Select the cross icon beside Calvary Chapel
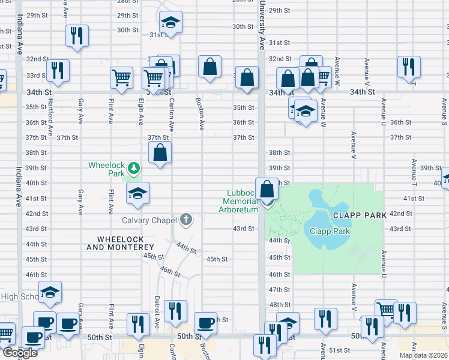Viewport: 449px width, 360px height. (x=186, y=219)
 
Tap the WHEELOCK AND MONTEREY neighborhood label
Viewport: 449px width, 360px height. (x=121, y=243)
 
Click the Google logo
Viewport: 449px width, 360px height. (x=19, y=353)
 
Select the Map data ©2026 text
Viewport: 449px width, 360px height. (x=424, y=355)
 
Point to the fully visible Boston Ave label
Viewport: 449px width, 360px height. (x=200, y=114)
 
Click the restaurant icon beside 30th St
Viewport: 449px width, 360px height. (x=77, y=35)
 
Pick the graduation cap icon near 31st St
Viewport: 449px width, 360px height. (x=171, y=23)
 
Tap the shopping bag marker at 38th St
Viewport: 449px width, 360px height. (x=160, y=152)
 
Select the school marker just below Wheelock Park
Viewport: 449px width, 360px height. (x=137, y=193)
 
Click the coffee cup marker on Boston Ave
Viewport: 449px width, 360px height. (x=205, y=323)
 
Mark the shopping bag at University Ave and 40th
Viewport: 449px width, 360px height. (x=267, y=189)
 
